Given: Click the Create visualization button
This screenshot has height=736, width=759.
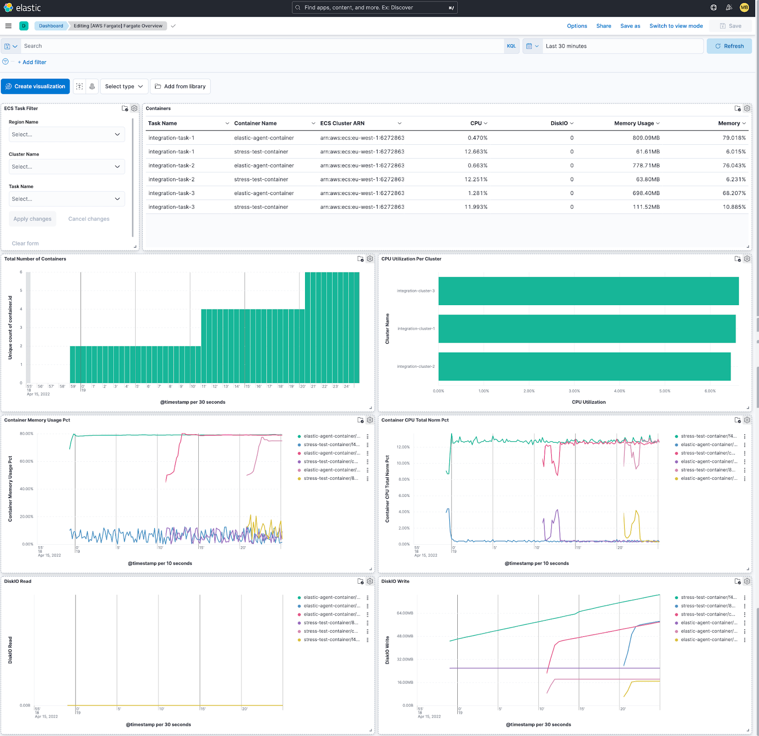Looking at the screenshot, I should (36, 86).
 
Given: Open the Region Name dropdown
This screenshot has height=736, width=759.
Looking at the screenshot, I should (66, 134).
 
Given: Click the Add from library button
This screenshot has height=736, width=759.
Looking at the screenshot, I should (180, 86).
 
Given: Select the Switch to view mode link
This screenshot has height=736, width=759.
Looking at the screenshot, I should (676, 26).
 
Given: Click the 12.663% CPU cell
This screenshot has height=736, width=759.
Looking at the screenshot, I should (476, 152).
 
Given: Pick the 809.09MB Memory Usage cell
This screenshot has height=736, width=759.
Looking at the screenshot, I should (646, 138).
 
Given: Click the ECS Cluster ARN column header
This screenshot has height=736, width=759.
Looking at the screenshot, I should (342, 123).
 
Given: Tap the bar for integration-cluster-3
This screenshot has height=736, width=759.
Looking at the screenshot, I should (588, 291).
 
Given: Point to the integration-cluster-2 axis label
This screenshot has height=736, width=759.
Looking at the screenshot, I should (416, 366).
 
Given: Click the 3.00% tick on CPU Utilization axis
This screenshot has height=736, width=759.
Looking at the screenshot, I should (574, 391).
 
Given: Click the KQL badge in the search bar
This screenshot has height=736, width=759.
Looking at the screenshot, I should (511, 46).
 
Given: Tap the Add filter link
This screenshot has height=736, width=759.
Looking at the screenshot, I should (34, 62).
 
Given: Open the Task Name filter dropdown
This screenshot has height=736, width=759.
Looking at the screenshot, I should (66, 199).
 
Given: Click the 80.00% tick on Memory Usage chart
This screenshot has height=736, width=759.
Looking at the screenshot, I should (27, 434).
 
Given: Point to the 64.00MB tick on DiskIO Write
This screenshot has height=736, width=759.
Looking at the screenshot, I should (405, 613).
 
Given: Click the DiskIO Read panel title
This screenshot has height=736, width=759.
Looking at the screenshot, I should (18, 581).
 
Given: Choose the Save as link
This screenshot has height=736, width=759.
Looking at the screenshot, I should (630, 26).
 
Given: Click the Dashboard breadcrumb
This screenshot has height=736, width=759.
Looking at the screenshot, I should (51, 26).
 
